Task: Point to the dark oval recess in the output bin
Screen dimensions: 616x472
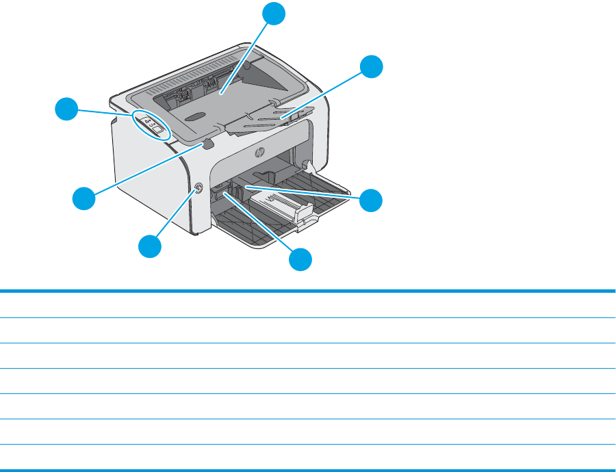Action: coord(194,118)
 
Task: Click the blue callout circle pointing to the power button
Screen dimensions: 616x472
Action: coord(152,246)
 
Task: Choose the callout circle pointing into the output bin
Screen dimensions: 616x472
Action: coord(275,13)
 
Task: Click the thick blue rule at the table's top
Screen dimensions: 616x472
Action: coord(308,292)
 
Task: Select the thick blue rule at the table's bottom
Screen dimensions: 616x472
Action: coord(308,469)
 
